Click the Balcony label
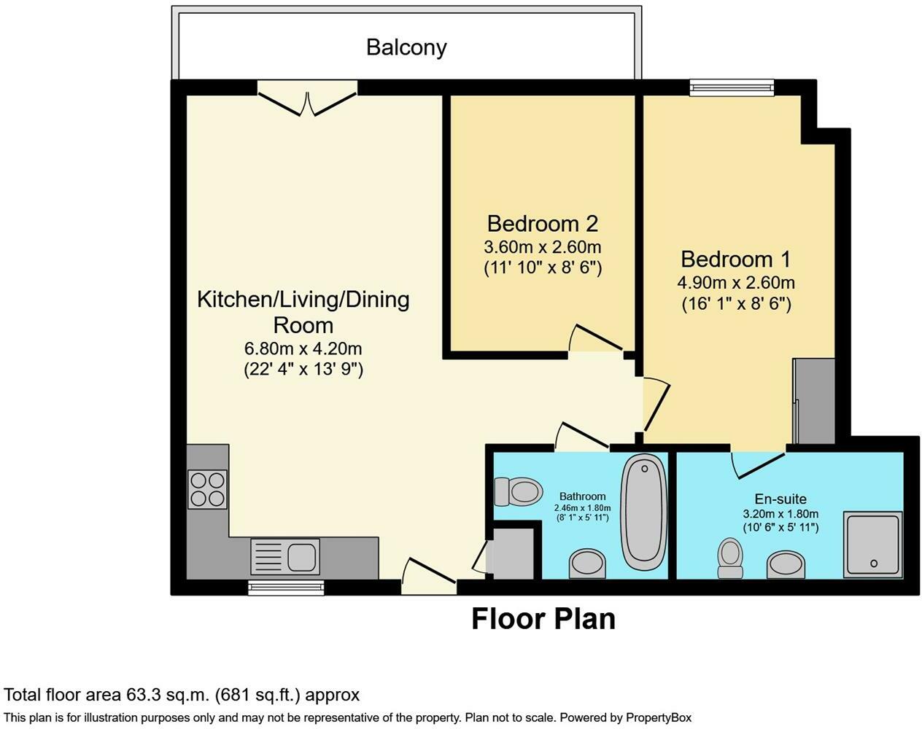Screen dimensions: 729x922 (406, 47)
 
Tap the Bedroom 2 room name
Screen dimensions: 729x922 (543, 223)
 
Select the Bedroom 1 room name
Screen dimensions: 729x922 (735, 259)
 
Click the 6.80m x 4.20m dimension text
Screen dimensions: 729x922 (303, 348)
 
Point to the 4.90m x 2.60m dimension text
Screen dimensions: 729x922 (736, 282)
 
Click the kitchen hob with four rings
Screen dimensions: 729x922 (208, 489)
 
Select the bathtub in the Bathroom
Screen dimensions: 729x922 (643, 512)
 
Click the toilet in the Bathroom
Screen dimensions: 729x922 (517, 491)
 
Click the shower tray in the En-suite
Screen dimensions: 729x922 (872, 544)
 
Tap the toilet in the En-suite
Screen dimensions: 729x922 (729, 558)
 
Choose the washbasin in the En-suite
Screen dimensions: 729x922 (786, 564)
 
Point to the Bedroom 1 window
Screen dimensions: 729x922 (732, 87)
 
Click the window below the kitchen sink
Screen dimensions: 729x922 (285, 587)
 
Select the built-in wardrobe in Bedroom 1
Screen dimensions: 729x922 (815, 400)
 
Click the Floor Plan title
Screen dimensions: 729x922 (543, 619)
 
